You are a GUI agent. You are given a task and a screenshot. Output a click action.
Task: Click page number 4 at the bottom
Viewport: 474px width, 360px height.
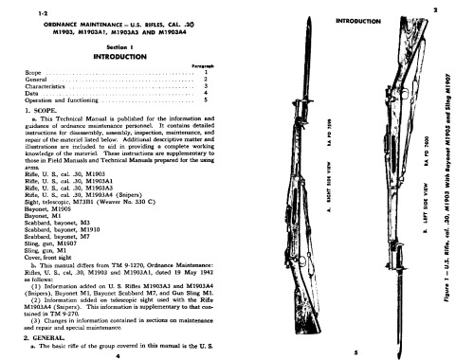(117, 354)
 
